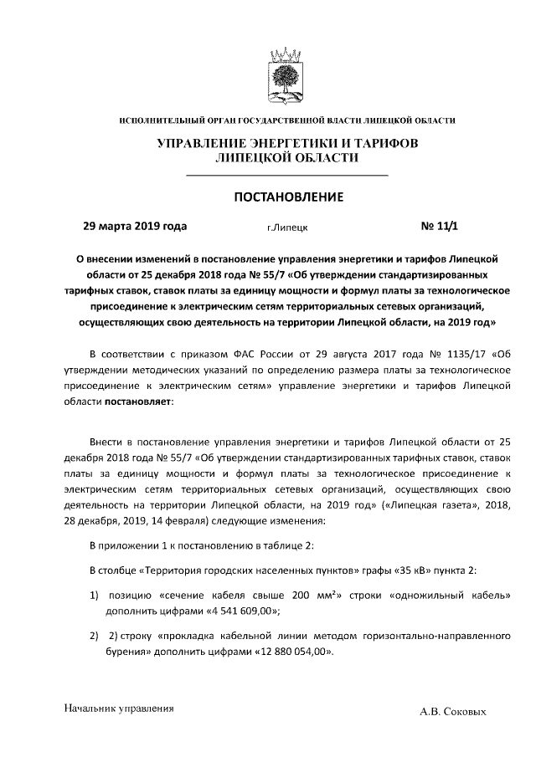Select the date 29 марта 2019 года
pyautogui.click(x=135, y=226)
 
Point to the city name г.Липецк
pyautogui.click(x=286, y=228)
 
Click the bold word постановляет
pyautogui.click(x=139, y=402)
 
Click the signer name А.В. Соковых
pyautogui.click(x=453, y=712)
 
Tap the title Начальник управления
pyautogui.click(x=119, y=708)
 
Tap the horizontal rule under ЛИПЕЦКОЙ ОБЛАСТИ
pyautogui.click(x=286, y=175)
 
